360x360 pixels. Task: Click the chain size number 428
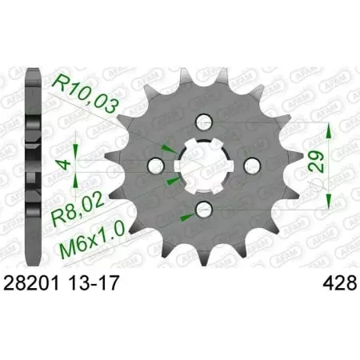320,282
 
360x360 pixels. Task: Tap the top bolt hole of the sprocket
203,121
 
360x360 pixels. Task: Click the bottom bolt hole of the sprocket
203,210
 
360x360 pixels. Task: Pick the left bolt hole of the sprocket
158,165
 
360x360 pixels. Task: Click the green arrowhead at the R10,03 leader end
170,150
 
